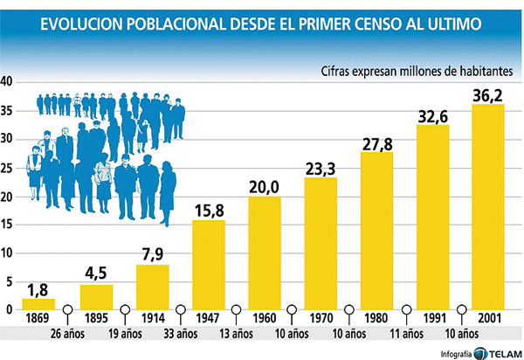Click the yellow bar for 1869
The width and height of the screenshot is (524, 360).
click(38, 304)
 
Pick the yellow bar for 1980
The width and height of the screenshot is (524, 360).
click(376, 231)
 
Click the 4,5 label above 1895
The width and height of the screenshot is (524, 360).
click(96, 273)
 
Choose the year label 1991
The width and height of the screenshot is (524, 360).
click(432, 318)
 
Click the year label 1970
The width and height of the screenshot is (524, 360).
click(321, 318)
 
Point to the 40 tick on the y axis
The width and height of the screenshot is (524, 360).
click(8, 82)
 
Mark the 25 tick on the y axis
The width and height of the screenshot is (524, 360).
click(8, 168)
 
